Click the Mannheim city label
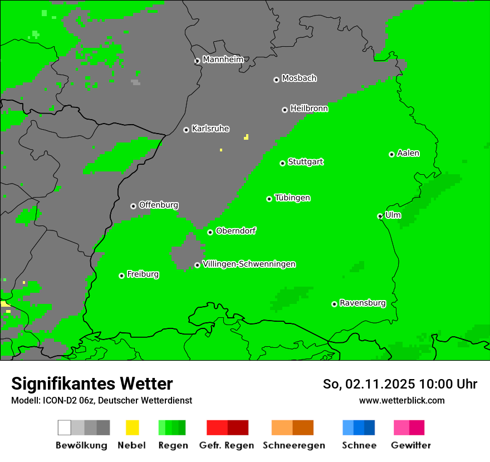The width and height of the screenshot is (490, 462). pyautogui.click(x=223, y=60)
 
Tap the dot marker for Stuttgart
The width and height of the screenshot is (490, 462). pyautogui.click(x=283, y=163)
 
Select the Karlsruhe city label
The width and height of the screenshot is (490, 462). pyautogui.click(x=210, y=129)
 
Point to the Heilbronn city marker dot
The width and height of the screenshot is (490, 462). pyautogui.click(x=285, y=110)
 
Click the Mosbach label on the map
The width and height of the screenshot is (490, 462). pyautogui.click(x=299, y=78)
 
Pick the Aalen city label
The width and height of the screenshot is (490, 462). pyautogui.click(x=408, y=153)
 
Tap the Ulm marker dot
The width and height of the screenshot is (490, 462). pyautogui.click(x=380, y=216)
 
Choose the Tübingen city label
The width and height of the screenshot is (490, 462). pyautogui.click(x=292, y=198)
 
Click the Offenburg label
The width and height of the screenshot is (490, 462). pyautogui.click(x=159, y=205)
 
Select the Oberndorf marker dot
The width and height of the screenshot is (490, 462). pyautogui.click(x=210, y=232)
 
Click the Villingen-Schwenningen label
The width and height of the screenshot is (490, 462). pyautogui.click(x=249, y=264)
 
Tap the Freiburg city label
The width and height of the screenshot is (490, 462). pyautogui.click(x=143, y=274)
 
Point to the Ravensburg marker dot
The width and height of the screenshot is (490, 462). pyautogui.click(x=335, y=304)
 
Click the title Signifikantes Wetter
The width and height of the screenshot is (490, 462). pyautogui.click(x=92, y=384)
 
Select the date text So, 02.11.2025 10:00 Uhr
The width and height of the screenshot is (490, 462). pyautogui.click(x=400, y=384)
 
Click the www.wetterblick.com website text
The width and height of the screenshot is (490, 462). pyautogui.click(x=401, y=400)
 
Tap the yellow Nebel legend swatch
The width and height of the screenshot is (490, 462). pyautogui.click(x=132, y=427)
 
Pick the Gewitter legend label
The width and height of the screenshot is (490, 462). pyautogui.click(x=411, y=445)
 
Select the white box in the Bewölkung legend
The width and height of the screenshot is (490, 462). pyautogui.click(x=65, y=427)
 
